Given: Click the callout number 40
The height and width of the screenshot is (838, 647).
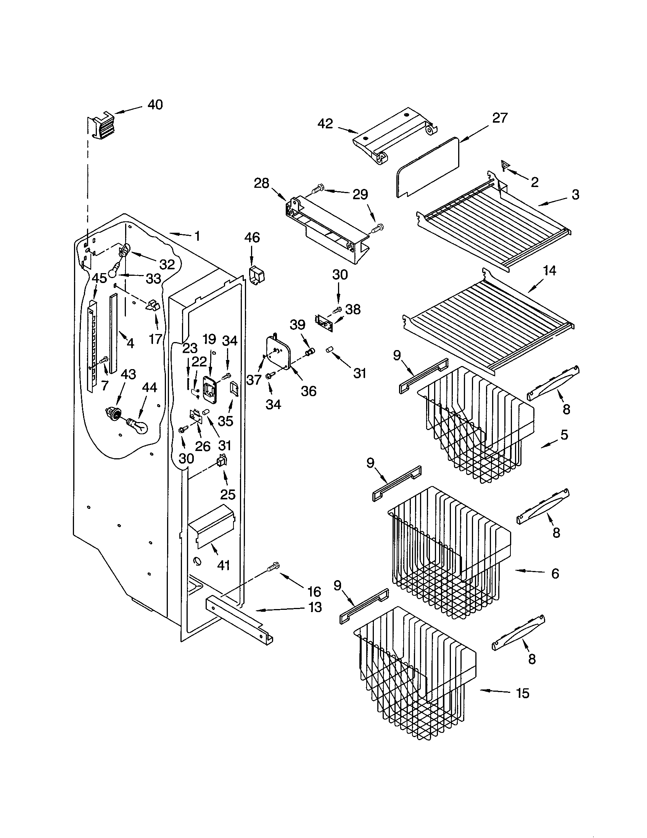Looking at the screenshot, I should [x=155, y=104].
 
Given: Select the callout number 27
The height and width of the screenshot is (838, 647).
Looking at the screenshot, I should [x=500, y=118].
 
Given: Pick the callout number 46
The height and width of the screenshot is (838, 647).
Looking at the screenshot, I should [x=252, y=238].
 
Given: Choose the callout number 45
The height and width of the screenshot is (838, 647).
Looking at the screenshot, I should [x=99, y=278].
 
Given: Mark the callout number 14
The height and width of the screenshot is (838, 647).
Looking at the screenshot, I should [x=549, y=271].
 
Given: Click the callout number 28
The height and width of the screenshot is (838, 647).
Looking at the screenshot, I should [x=261, y=184].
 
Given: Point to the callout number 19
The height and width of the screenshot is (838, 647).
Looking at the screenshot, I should [x=209, y=339].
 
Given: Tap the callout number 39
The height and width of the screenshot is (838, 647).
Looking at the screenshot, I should [x=298, y=325].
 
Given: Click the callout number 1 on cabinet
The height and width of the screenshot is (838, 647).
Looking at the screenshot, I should [x=197, y=236].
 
